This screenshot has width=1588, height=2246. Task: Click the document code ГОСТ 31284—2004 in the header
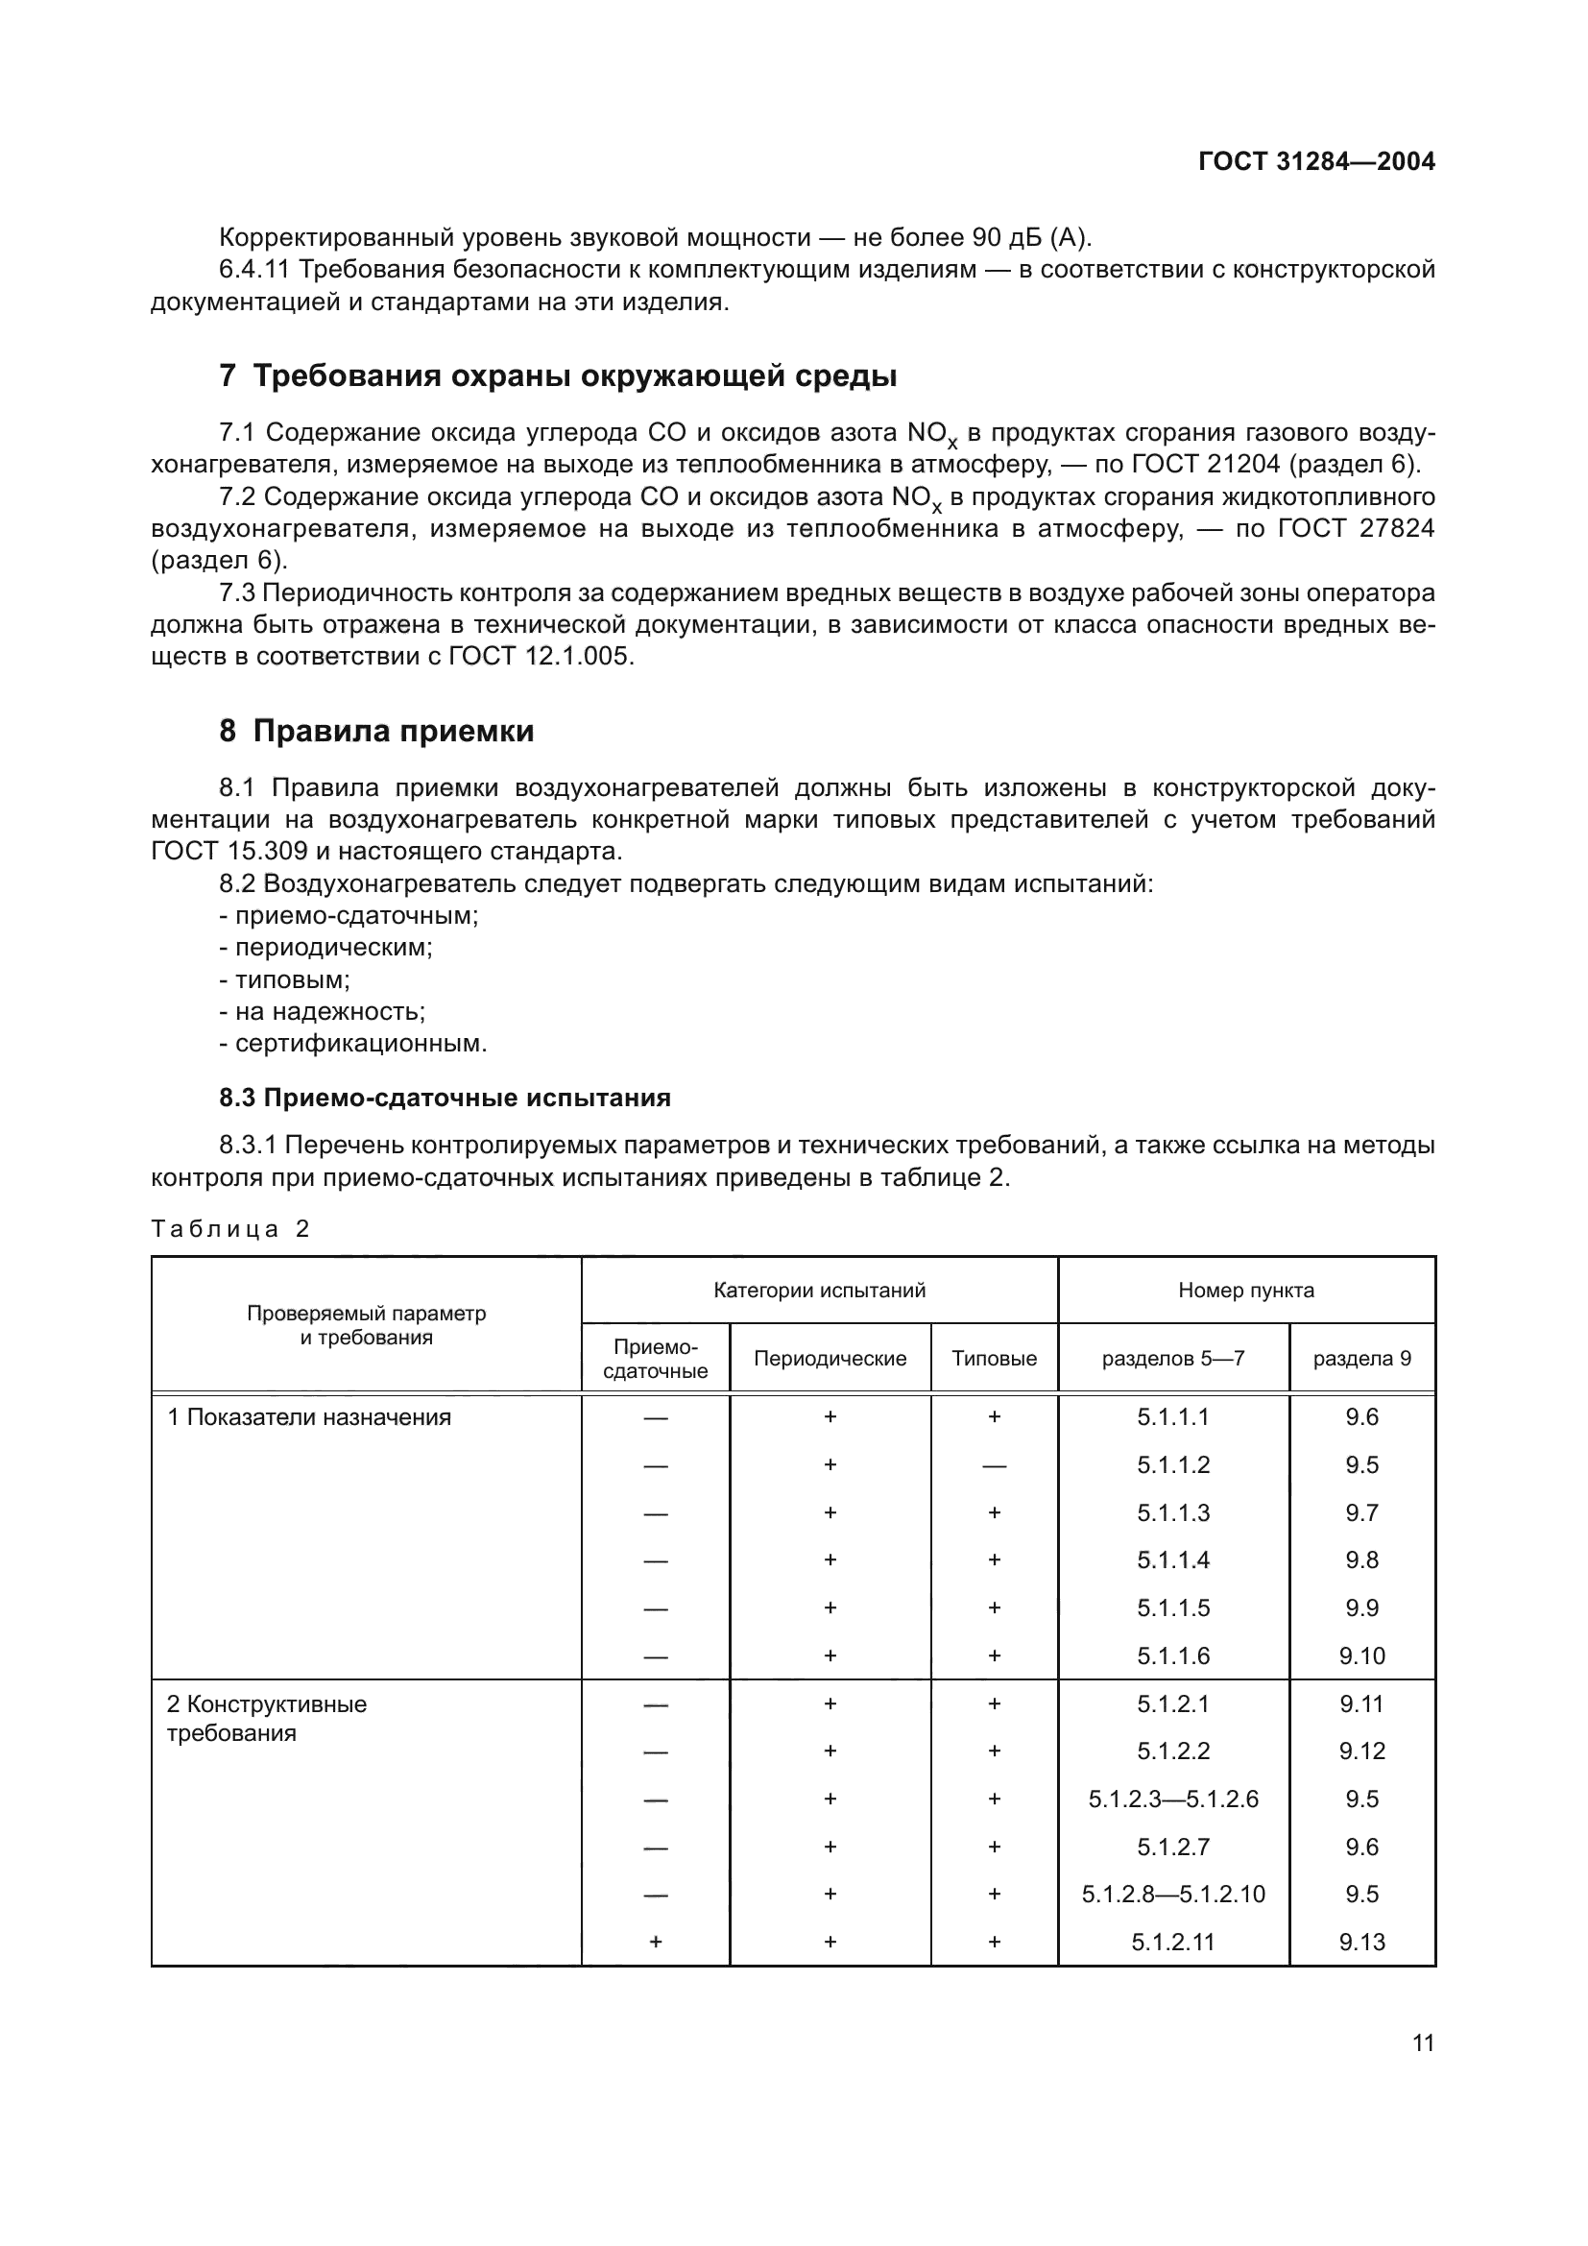click(1316, 162)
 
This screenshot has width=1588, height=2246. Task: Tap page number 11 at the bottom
click(1423, 2042)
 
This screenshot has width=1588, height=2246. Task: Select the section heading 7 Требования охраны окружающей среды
click(558, 375)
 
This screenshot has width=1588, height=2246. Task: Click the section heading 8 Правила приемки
click(376, 731)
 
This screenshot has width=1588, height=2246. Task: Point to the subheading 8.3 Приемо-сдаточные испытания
click(445, 1098)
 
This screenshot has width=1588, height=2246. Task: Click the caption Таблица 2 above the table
click(229, 1229)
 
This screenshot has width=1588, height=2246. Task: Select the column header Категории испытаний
click(818, 1291)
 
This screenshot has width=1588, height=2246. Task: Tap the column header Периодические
click(830, 1358)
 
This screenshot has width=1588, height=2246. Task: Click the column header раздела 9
click(1361, 1358)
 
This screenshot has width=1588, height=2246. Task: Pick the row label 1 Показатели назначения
click(309, 1417)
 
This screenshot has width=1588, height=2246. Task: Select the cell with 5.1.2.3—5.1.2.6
click(1172, 1799)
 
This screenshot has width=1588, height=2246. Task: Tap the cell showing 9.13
click(1361, 1942)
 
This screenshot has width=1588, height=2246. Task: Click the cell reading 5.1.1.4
click(1172, 1560)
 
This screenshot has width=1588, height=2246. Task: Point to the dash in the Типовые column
click(994, 1465)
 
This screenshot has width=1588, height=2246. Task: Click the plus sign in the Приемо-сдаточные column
click(655, 1942)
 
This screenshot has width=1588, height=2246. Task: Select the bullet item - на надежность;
click(323, 1011)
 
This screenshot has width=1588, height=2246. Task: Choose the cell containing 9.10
click(1361, 1656)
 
